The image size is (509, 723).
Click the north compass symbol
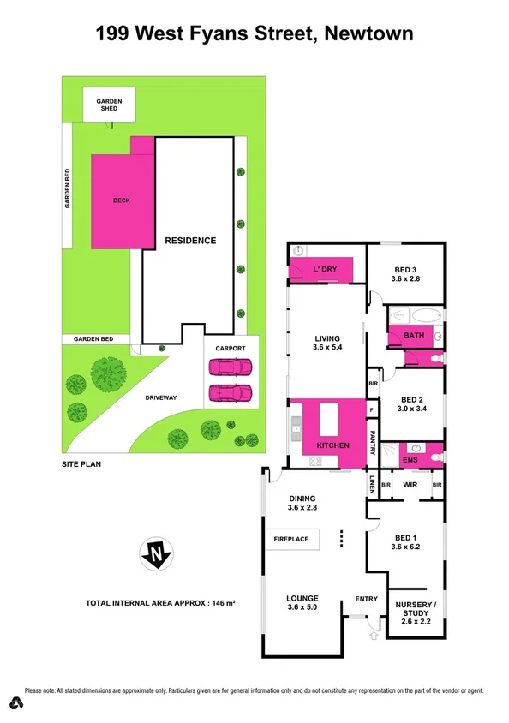pos(155,555)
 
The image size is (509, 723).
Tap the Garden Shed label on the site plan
pos(109,105)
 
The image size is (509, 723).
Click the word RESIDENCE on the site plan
pos(190,241)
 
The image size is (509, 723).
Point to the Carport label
pos(231,349)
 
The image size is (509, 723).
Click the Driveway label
pos(160,397)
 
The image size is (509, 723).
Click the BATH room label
pos(415,336)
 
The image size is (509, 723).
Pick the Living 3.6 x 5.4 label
pos(326,344)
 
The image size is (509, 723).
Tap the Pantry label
pos(373,443)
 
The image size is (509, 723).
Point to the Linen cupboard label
pos(373,485)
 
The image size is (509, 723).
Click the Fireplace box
pos(291,541)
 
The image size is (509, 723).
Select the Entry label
pos(365,599)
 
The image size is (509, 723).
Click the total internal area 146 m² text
pos(160,603)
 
